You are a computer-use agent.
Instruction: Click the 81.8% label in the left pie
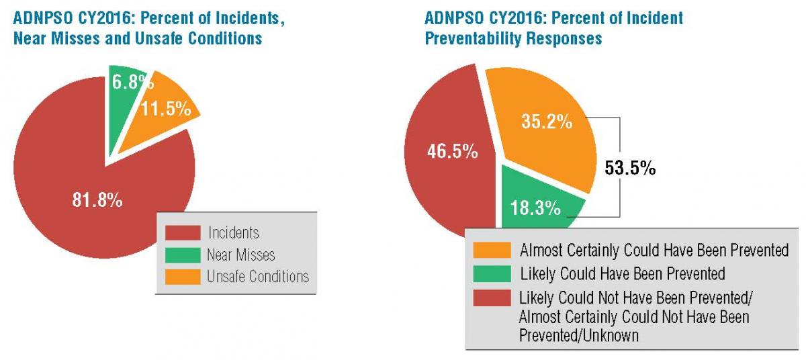coord(97,200)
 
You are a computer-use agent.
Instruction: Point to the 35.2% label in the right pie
coord(547,122)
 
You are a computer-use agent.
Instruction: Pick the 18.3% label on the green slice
coord(535,208)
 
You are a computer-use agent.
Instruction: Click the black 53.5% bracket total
coord(631,168)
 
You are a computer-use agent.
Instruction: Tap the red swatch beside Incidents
coord(183,233)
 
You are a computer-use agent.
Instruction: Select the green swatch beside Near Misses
coord(183,255)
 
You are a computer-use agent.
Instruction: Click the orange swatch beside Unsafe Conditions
coord(183,276)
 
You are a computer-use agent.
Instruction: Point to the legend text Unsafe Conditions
coord(259,276)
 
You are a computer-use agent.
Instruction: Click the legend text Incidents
coord(234,233)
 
